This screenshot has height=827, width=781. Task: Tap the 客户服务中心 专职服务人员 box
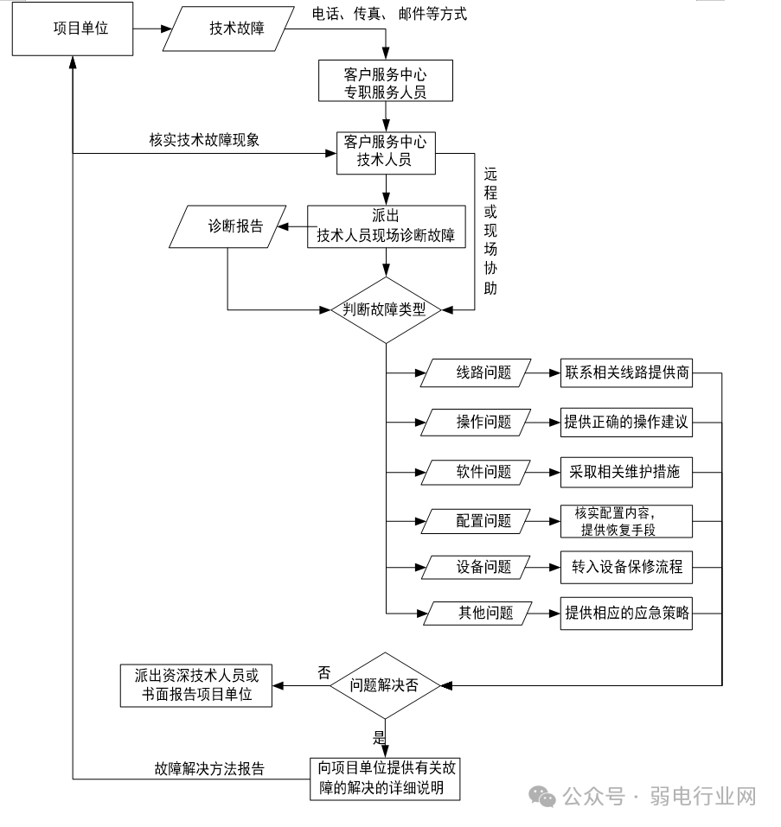[386, 81]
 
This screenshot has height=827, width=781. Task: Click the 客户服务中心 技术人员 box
[386, 151]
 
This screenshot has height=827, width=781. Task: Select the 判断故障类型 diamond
[386, 310]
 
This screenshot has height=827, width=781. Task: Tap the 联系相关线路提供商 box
[626, 373]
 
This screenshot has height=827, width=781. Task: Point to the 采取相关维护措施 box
[626, 473]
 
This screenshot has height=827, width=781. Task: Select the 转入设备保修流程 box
[626, 568]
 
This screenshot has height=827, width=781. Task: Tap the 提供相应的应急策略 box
[626, 613]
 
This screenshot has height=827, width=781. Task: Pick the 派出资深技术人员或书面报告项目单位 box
[195, 685]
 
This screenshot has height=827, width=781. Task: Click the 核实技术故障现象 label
[204, 141]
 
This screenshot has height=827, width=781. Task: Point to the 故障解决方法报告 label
[209, 768]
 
